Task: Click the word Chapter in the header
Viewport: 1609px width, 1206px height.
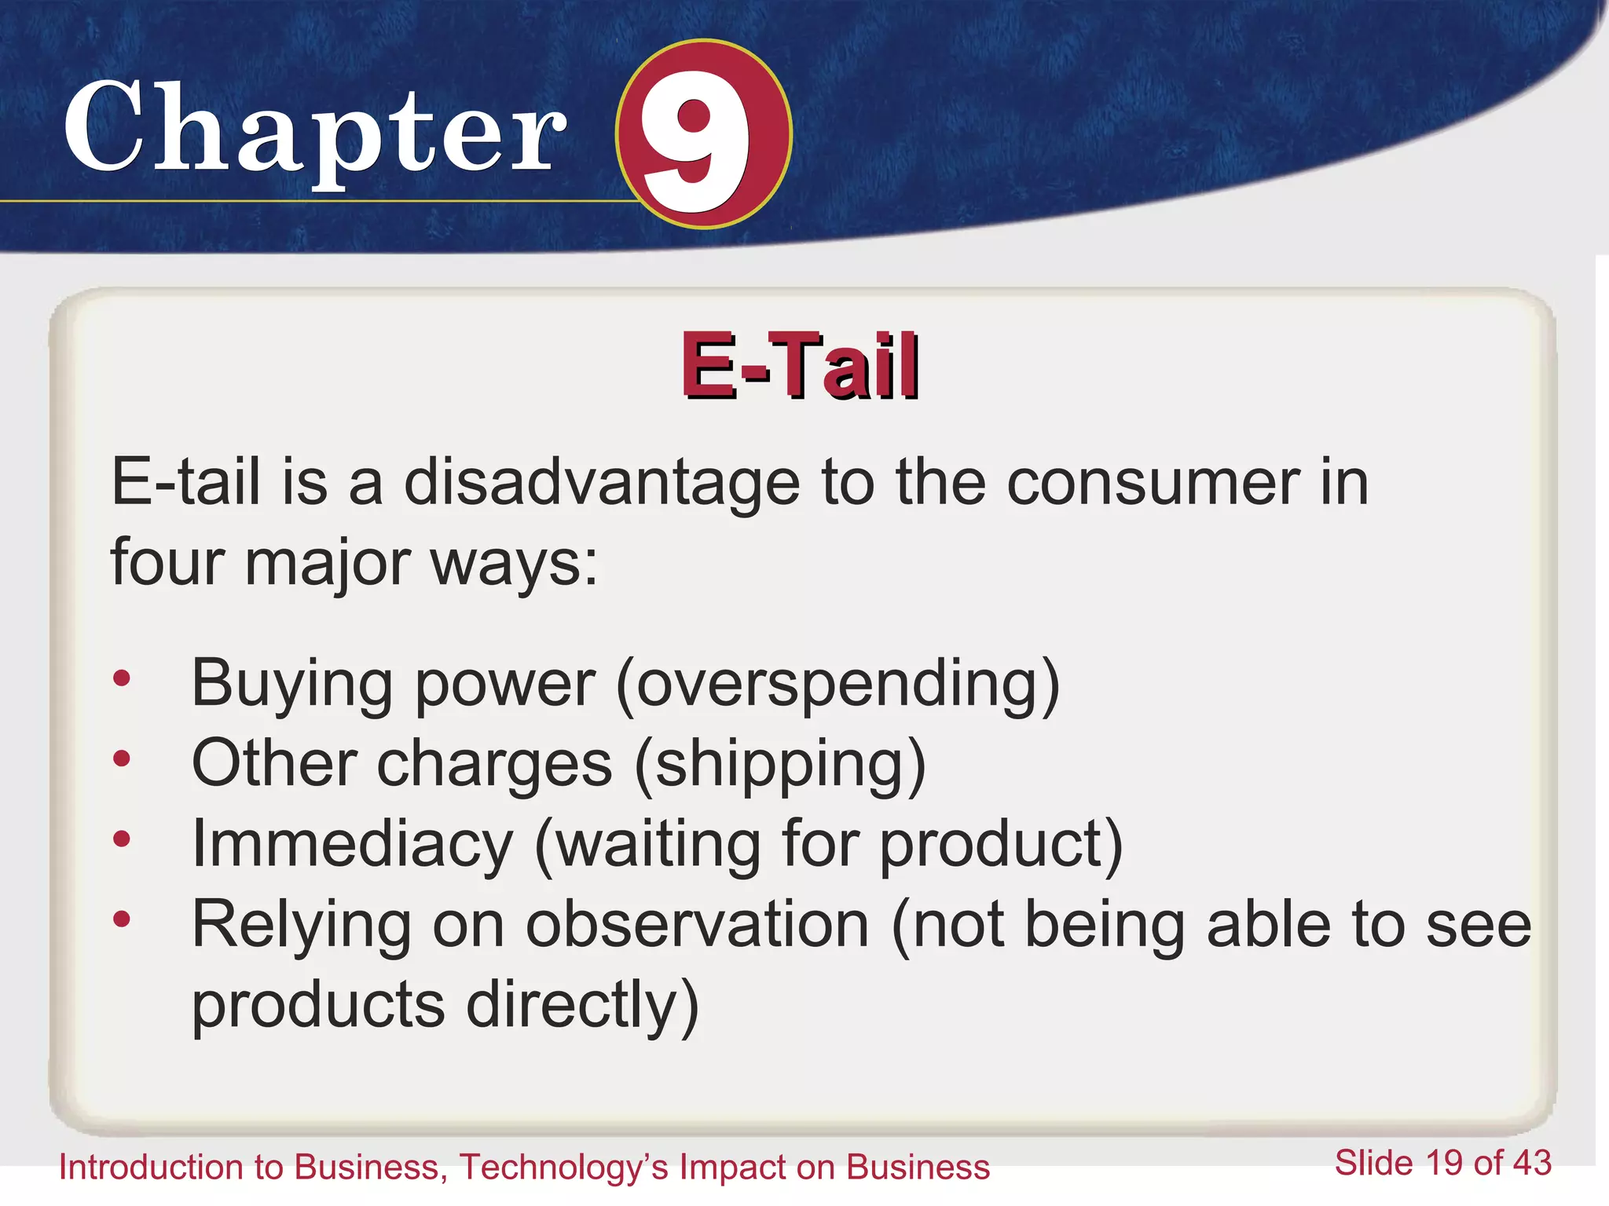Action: (x=314, y=130)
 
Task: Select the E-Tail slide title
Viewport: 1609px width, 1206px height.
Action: (x=800, y=366)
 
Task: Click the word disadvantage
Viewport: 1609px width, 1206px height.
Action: (x=602, y=482)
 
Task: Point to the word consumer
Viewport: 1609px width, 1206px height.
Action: (x=1153, y=482)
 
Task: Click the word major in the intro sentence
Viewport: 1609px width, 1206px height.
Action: (x=328, y=564)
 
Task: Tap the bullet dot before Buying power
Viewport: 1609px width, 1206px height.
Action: (x=121, y=678)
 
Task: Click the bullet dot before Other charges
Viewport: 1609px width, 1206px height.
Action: (x=121, y=758)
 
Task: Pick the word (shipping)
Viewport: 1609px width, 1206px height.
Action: (x=780, y=765)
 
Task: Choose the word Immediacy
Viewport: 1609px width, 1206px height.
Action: (x=352, y=844)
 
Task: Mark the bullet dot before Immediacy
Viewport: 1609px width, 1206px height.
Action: (x=121, y=839)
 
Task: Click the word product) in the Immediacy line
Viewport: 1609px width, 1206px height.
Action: (x=1001, y=846)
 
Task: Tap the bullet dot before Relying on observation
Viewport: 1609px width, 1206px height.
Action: (x=121, y=919)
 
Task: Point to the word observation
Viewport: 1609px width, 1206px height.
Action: (x=697, y=925)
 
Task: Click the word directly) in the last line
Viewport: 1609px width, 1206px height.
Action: (x=582, y=1006)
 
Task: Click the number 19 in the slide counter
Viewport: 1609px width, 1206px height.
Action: (x=1444, y=1163)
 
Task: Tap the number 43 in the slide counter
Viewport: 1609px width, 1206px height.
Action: (x=1531, y=1163)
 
